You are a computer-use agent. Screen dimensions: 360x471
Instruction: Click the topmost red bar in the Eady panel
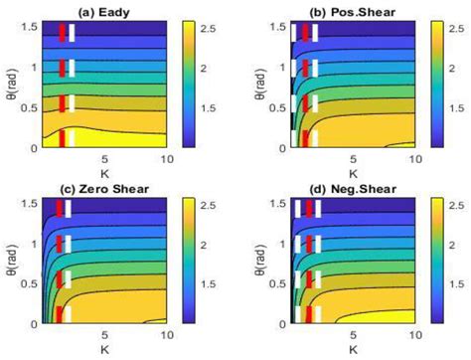click(x=62, y=33)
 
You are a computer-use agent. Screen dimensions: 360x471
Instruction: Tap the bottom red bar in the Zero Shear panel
click(x=62, y=315)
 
